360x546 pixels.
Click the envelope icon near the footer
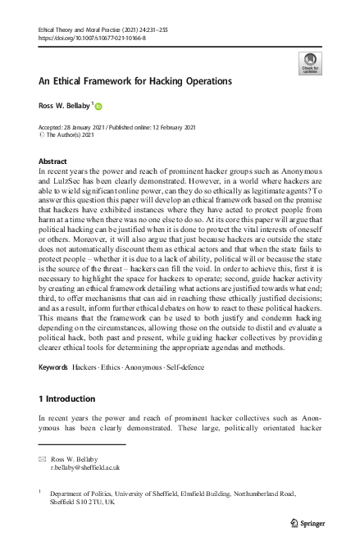pos(43,458)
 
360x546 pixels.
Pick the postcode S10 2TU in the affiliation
pos(86,503)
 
